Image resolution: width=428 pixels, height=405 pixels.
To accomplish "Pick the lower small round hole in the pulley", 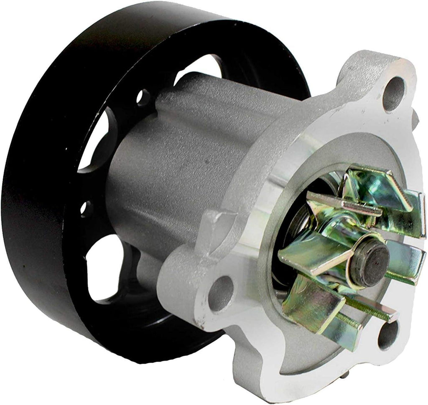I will click(x=86, y=208).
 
